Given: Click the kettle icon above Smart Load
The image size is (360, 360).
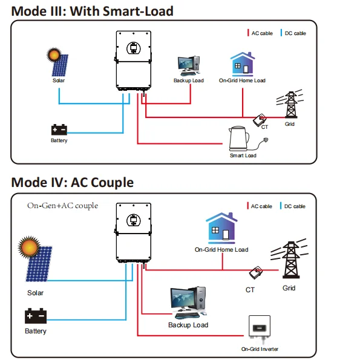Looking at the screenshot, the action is (x=239, y=139).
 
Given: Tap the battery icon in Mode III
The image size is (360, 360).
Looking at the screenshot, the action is (x=59, y=129).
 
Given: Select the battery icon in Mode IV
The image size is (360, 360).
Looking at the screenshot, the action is (x=36, y=316).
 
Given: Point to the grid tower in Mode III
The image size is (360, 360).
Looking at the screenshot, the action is (x=290, y=104).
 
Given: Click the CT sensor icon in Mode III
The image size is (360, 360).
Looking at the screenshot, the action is (x=260, y=120).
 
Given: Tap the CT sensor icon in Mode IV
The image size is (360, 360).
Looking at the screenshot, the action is (x=256, y=272).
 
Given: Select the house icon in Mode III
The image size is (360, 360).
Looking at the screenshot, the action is (x=243, y=64).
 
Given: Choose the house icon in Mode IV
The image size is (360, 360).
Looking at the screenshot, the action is (x=221, y=228).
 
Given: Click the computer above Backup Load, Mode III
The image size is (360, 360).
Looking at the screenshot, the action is (x=189, y=66).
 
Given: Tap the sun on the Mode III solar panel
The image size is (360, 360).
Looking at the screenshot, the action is (x=54, y=54).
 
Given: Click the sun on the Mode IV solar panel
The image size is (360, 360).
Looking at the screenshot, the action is (x=29, y=247).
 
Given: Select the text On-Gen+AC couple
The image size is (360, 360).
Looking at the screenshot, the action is (x=62, y=206).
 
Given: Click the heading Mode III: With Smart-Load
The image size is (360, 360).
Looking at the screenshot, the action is (x=92, y=11).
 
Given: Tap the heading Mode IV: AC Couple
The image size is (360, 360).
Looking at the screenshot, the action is (x=73, y=183).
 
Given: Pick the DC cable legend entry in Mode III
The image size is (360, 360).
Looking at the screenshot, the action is (x=293, y=33).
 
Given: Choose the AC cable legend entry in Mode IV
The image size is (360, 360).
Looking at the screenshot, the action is (x=260, y=206).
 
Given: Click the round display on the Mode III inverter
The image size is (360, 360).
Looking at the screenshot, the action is (x=133, y=48).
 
